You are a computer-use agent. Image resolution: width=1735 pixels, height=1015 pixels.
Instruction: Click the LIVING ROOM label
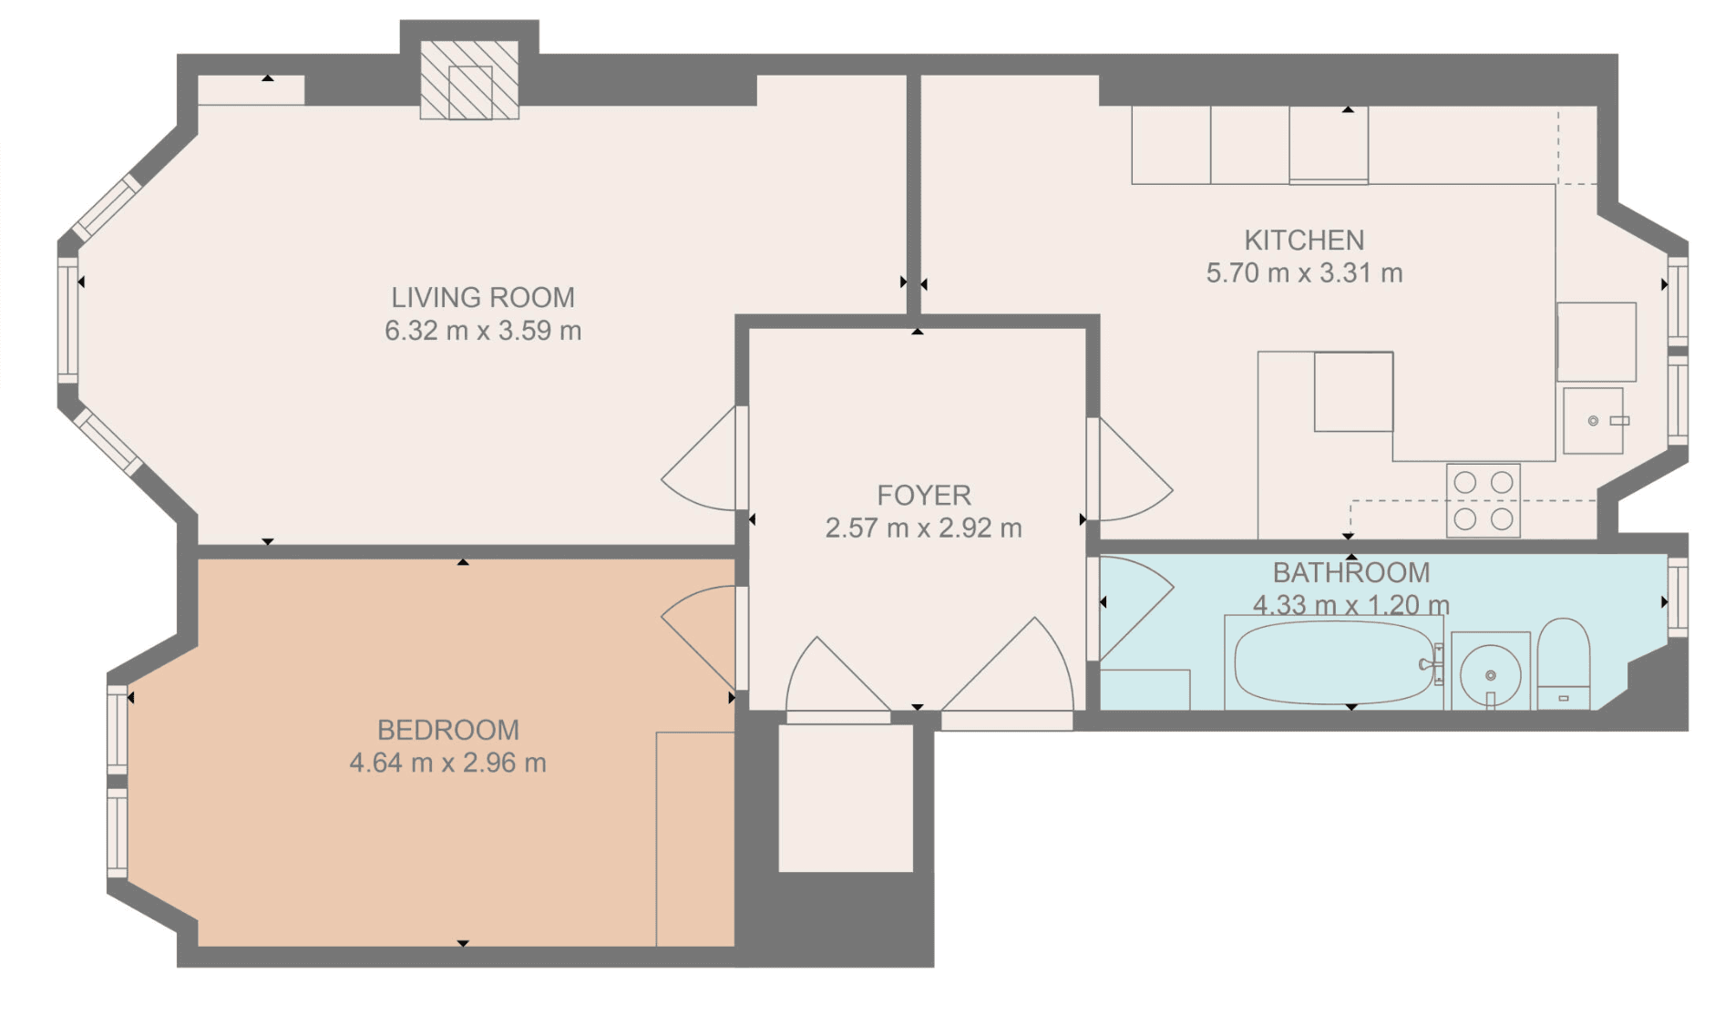[x=483, y=298]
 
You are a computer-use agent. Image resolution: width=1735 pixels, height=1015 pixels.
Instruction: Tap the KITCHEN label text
[x=1304, y=241]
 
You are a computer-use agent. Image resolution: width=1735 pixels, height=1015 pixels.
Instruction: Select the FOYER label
[x=924, y=496]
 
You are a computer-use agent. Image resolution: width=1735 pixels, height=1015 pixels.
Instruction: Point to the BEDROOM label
[x=448, y=731]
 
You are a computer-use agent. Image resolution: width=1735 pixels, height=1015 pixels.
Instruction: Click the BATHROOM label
[x=1351, y=573]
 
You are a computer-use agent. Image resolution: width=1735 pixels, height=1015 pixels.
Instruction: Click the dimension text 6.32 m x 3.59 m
[x=483, y=331]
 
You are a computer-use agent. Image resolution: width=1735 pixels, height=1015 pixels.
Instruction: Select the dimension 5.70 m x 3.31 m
[x=1304, y=273]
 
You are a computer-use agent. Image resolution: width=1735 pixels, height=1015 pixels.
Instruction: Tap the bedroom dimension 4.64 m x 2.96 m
[x=448, y=764]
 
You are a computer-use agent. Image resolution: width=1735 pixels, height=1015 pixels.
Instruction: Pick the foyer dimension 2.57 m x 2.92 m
[x=924, y=528]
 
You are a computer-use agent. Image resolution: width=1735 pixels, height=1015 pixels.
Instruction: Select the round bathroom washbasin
[x=1490, y=674]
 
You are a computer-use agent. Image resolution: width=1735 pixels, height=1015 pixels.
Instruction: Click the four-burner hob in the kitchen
[x=1483, y=500]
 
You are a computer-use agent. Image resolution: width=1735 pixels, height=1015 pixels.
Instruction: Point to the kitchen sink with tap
[x=1594, y=421]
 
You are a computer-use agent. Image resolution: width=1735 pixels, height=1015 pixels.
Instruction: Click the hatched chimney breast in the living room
[x=469, y=80]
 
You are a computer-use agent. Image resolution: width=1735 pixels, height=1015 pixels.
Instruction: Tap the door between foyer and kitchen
[x=1130, y=469]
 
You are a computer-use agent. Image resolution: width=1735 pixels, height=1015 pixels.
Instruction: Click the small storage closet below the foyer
[x=846, y=798]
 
